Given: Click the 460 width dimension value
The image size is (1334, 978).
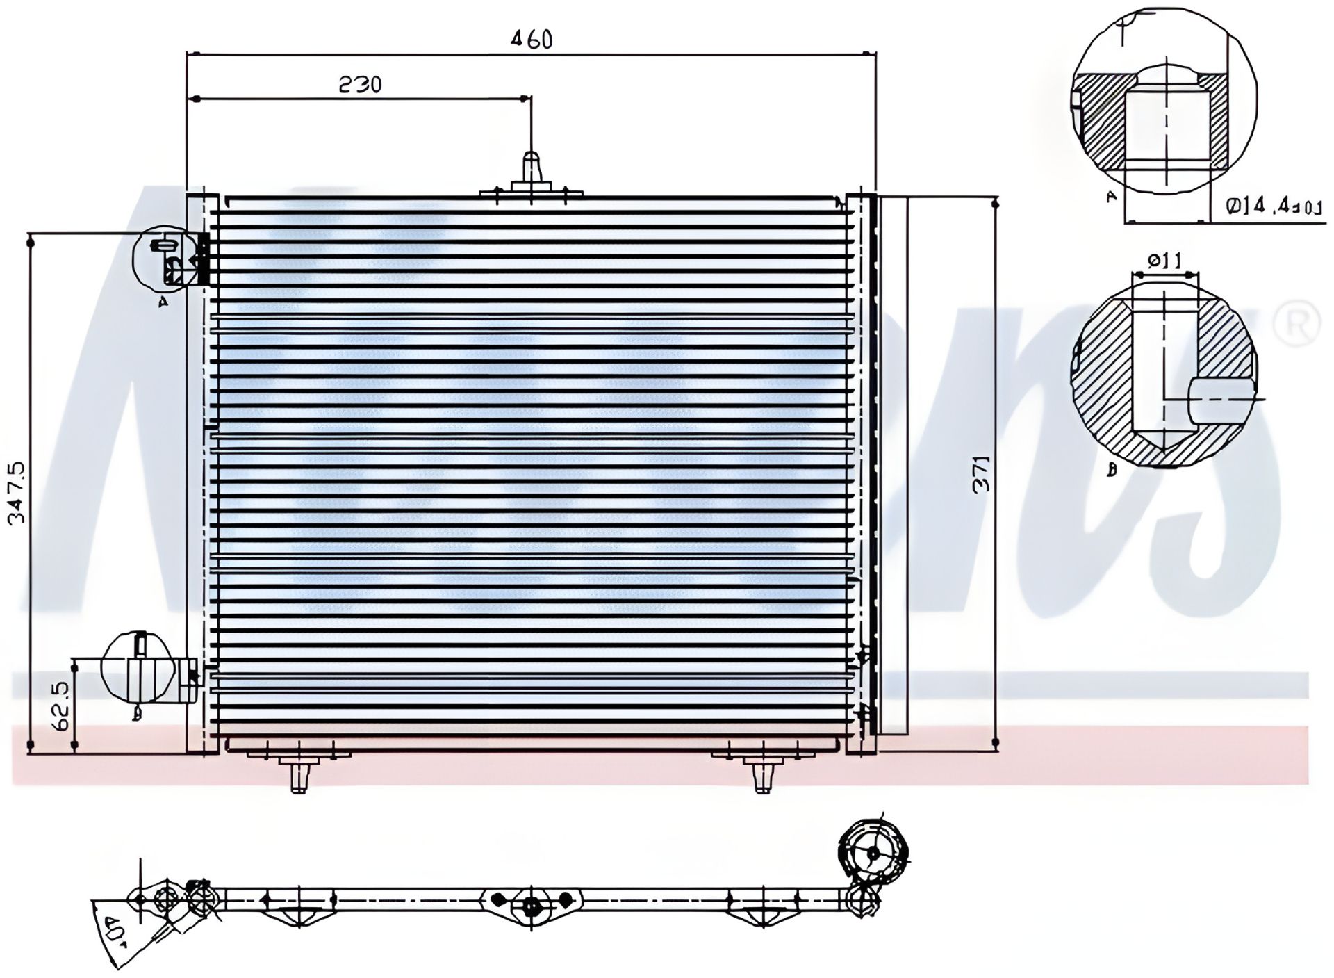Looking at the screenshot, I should pyautogui.click(x=532, y=40).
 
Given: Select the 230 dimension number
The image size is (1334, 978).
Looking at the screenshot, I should pyautogui.click(x=360, y=85).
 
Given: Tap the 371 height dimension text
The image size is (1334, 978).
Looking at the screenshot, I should pyautogui.click(x=981, y=475).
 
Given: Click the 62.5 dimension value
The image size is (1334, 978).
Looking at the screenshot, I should pyautogui.click(x=61, y=706).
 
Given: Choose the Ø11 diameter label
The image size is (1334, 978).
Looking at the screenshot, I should pyautogui.click(x=1165, y=261).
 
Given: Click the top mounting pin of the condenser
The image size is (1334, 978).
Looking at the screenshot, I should pyautogui.click(x=531, y=170).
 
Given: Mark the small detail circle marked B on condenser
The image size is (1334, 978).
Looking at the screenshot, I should pyautogui.click(x=137, y=669).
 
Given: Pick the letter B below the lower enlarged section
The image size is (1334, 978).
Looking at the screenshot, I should pyautogui.click(x=1112, y=471).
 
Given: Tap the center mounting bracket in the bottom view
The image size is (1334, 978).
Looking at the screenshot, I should pyautogui.click(x=531, y=904).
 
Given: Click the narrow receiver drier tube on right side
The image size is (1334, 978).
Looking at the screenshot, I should pyautogui.click(x=894, y=466).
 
